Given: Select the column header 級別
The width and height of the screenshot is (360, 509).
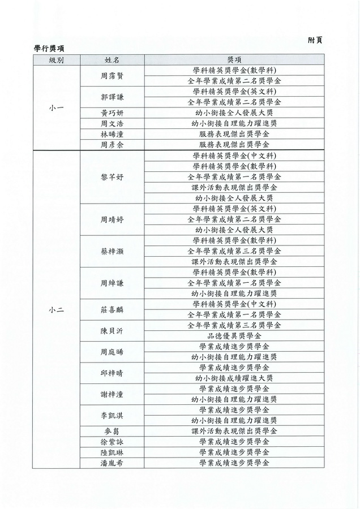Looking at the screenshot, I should click(x=56, y=60).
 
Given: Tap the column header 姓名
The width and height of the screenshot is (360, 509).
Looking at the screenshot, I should click(x=112, y=60).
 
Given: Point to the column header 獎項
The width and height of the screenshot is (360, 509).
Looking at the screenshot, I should click(x=234, y=60).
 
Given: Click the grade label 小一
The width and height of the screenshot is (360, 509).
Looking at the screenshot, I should click(x=56, y=107).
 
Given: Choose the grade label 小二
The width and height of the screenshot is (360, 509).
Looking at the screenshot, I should click(x=56, y=309).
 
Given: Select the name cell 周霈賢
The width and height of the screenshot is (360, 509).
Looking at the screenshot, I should click(x=112, y=76).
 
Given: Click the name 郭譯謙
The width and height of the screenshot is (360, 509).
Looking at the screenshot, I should click(x=112, y=97).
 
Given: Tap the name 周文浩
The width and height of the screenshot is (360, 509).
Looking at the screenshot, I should click(x=112, y=123).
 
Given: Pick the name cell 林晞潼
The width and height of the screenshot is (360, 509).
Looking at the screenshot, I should click(x=112, y=134).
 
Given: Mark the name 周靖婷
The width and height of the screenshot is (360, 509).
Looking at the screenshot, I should click(x=112, y=219).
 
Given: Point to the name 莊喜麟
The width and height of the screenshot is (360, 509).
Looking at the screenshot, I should click(x=112, y=309).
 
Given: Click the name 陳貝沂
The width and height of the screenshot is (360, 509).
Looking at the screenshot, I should click(x=112, y=331).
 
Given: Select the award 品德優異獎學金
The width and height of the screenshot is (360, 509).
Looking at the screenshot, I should click(x=234, y=336).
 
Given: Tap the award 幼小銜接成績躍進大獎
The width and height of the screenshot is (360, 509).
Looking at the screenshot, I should click(x=234, y=378).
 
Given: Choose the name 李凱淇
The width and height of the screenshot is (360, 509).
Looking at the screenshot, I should click(x=112, y=416).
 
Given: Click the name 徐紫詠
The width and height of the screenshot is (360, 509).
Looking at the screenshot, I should click(x=112, y=442).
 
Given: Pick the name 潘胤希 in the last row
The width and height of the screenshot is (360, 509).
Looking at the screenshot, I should click(x=112, y=463).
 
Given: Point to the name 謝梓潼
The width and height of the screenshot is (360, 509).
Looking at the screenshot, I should click(x=112, y=394).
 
